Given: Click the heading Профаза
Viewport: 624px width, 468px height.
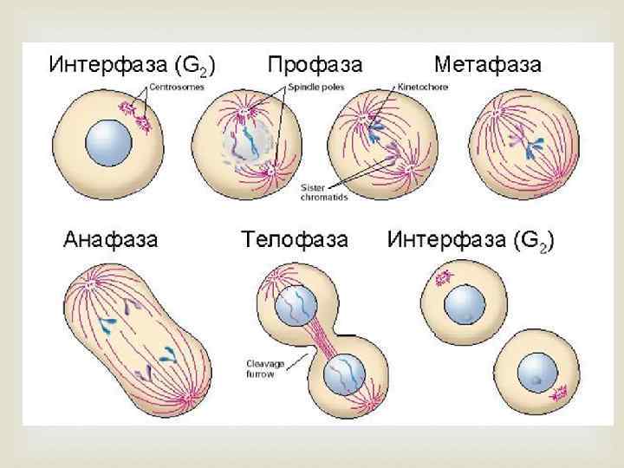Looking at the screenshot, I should pyautogui.click(x=315, y=64).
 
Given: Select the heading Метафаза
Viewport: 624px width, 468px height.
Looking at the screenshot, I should pyautogui.click(x=487, y=64).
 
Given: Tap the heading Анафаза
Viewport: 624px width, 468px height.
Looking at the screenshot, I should pyautogui.click(x=111, y=239).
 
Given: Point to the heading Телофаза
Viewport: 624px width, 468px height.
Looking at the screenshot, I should pyautogui.click(x=295, y=239).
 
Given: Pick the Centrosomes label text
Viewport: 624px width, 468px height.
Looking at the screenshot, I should pyautogui.click(x=177, y=87).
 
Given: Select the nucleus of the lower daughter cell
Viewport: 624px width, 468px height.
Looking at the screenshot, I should pyautogui.click(x=538, y=374).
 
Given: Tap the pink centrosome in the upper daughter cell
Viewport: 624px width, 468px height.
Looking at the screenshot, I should pyautogui.click(x=444, y=278).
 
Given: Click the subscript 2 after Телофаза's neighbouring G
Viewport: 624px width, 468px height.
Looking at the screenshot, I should pyautogui.click(x=543, y=246).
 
